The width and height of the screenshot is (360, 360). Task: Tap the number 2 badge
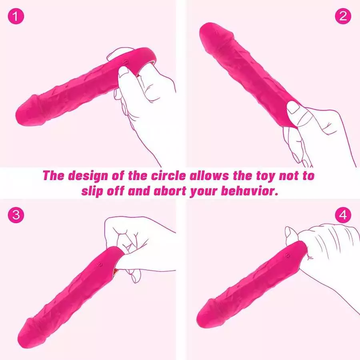pos(343,16)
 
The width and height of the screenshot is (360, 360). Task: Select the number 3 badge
pos(16,215)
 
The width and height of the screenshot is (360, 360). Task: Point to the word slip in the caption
pos(95,190)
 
